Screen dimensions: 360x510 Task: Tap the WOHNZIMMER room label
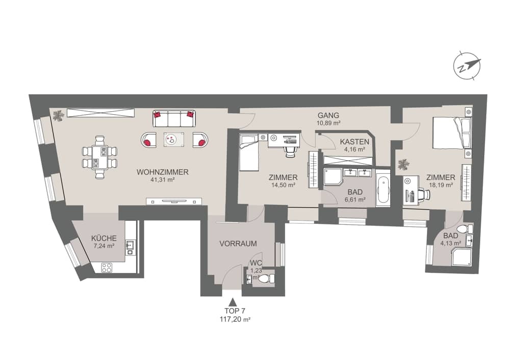[163, 172]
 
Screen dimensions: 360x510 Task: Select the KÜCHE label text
[104, 238]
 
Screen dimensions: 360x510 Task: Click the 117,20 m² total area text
[233, 320]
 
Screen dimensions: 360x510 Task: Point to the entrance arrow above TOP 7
[233, 303]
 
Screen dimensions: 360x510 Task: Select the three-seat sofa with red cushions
[174, 119]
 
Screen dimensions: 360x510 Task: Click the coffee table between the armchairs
[174, 139]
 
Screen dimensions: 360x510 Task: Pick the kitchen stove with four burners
[107, 267]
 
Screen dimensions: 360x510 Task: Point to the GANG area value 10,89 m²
[328, 123]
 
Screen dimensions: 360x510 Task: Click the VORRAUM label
[238, 244]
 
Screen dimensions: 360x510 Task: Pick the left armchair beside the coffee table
[148, 139]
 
